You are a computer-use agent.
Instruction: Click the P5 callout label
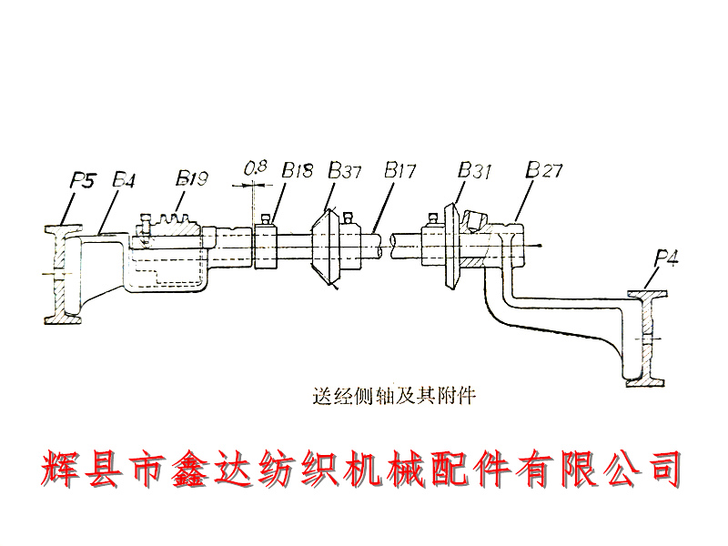83,180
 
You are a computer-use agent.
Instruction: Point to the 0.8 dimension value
255,168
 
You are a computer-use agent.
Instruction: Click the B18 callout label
297,170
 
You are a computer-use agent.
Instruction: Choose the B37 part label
346,170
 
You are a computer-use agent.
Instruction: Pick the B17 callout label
400,170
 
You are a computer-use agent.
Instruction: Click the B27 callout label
544,170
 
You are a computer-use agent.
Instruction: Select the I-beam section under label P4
647,337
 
